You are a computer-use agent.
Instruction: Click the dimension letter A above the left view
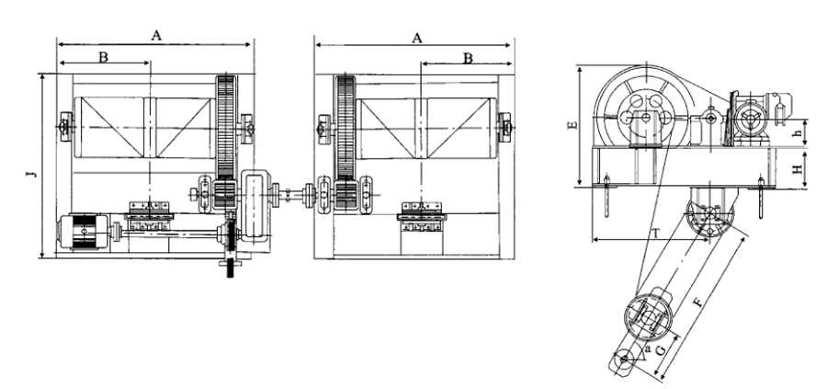point(156,35)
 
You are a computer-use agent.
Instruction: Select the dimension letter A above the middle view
point(417,38)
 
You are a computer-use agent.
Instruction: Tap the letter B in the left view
point(103,57)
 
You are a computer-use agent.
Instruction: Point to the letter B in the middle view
point(468,59)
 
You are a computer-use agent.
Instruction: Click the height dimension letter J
point(33,173)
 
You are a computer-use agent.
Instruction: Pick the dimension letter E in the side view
point(573,125)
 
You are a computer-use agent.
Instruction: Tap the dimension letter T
point(655,234)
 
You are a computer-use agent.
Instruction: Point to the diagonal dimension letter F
point(698,303)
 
